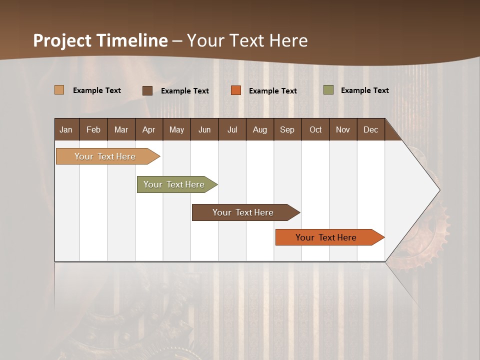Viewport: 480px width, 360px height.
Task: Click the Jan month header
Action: point(66,129)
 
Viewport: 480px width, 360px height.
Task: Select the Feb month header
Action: point(93,129)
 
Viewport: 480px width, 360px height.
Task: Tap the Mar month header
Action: point(121,129)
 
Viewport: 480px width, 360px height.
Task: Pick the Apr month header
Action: point(148,129)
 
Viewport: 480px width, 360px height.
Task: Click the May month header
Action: point(176,129)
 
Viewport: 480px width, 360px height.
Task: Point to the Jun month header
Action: point(204,129)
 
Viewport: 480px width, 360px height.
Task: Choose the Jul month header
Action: point(232,129)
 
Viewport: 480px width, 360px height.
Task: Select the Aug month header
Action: point(259,129)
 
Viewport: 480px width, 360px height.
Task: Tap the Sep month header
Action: point(287,129)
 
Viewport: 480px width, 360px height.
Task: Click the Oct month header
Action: point(315,129)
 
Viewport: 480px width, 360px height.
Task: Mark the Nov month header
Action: point(342,129)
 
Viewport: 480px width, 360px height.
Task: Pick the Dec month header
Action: point(370,129)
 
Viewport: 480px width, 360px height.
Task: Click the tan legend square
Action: point(59,90)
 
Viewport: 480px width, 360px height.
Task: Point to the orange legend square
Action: point(236,90)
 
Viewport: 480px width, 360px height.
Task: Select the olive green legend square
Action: point(328,90)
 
